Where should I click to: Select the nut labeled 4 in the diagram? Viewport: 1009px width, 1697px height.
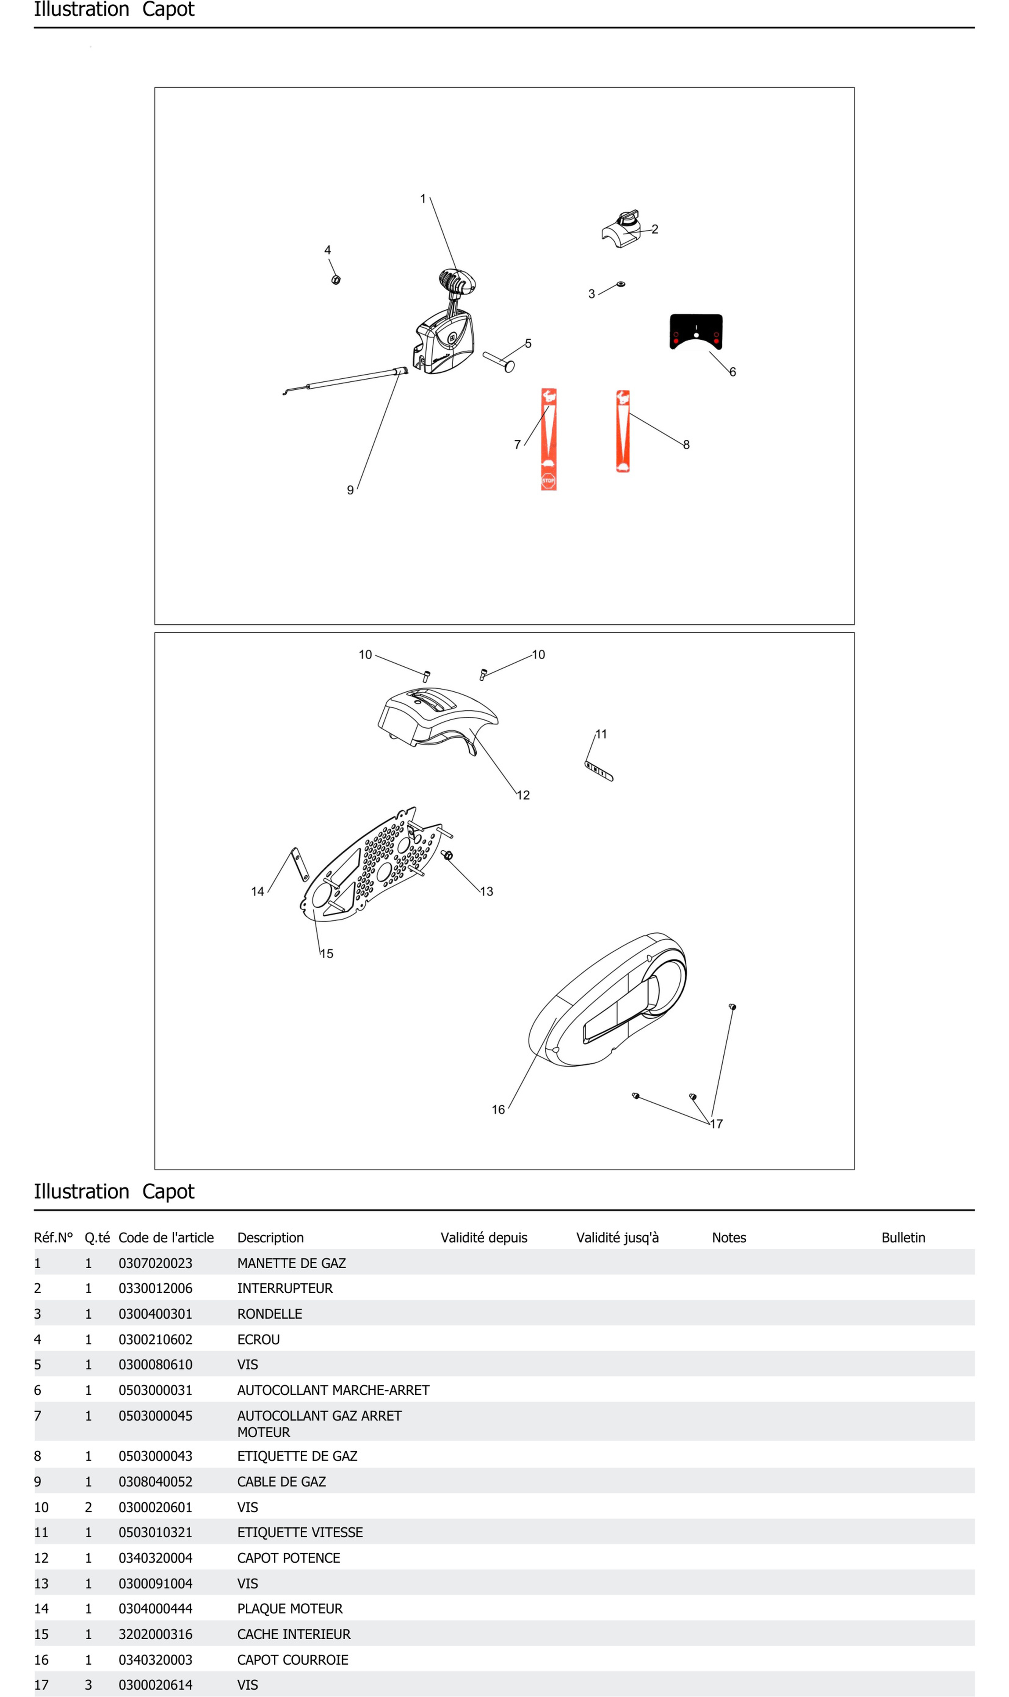coord(336,280)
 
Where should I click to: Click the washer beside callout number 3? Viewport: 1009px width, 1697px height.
coord(620,284)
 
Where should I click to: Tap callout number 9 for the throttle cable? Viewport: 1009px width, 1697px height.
coord(350,490)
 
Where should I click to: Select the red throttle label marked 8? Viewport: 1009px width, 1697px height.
coord(622,431)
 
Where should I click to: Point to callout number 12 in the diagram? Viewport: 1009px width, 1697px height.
coord(523,795)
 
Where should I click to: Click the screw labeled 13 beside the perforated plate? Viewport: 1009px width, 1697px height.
coord(447,855)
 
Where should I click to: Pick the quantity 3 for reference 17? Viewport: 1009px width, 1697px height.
coord(89,1685)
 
